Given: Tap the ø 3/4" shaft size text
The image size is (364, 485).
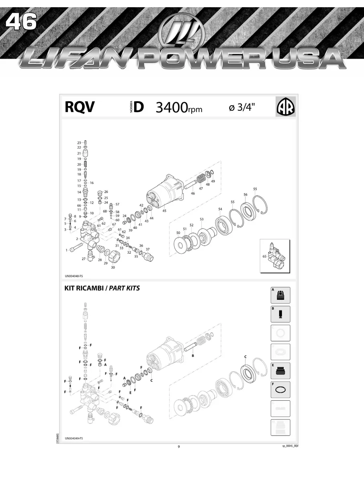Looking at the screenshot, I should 242,108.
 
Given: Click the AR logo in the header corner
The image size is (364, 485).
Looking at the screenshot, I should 285,107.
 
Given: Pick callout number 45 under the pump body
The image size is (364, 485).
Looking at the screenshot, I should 164,210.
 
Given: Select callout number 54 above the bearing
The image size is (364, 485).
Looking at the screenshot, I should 220,209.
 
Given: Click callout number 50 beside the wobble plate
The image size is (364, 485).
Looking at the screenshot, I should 178,232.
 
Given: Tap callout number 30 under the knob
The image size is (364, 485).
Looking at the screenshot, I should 113,267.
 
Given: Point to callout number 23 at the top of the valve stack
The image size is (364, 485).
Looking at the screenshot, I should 79,143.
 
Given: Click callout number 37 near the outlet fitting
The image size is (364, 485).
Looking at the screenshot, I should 147,249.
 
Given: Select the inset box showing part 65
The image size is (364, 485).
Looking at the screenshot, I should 275,256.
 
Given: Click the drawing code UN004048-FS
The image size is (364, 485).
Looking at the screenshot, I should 74,276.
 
